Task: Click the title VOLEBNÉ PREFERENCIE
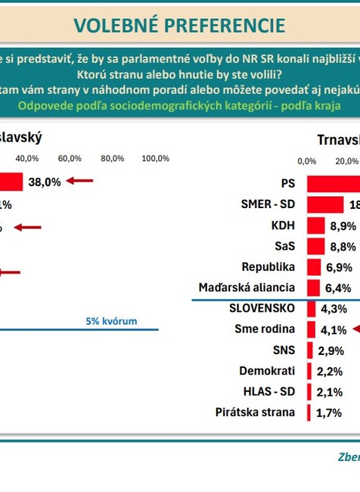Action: point(180,25)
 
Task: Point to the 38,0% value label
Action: point(44,182)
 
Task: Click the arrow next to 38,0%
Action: point(79,181)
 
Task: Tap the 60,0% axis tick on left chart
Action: point(70,158)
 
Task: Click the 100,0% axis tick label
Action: point(155,158)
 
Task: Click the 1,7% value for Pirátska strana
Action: point(329,413)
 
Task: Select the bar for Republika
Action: point(314,267)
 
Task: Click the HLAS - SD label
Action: point(268,392)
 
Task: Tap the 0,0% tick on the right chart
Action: point(307,160)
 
